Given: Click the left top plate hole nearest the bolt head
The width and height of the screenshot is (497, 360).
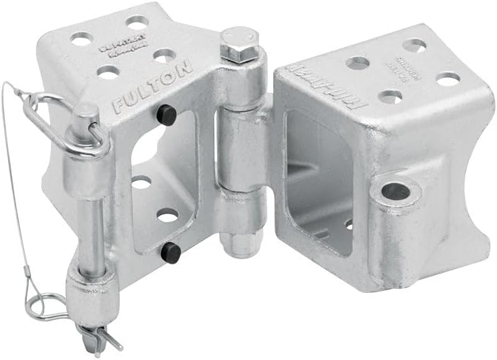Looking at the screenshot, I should pos(165,57).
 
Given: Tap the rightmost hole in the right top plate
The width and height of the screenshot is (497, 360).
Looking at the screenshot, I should pos(447,79).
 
